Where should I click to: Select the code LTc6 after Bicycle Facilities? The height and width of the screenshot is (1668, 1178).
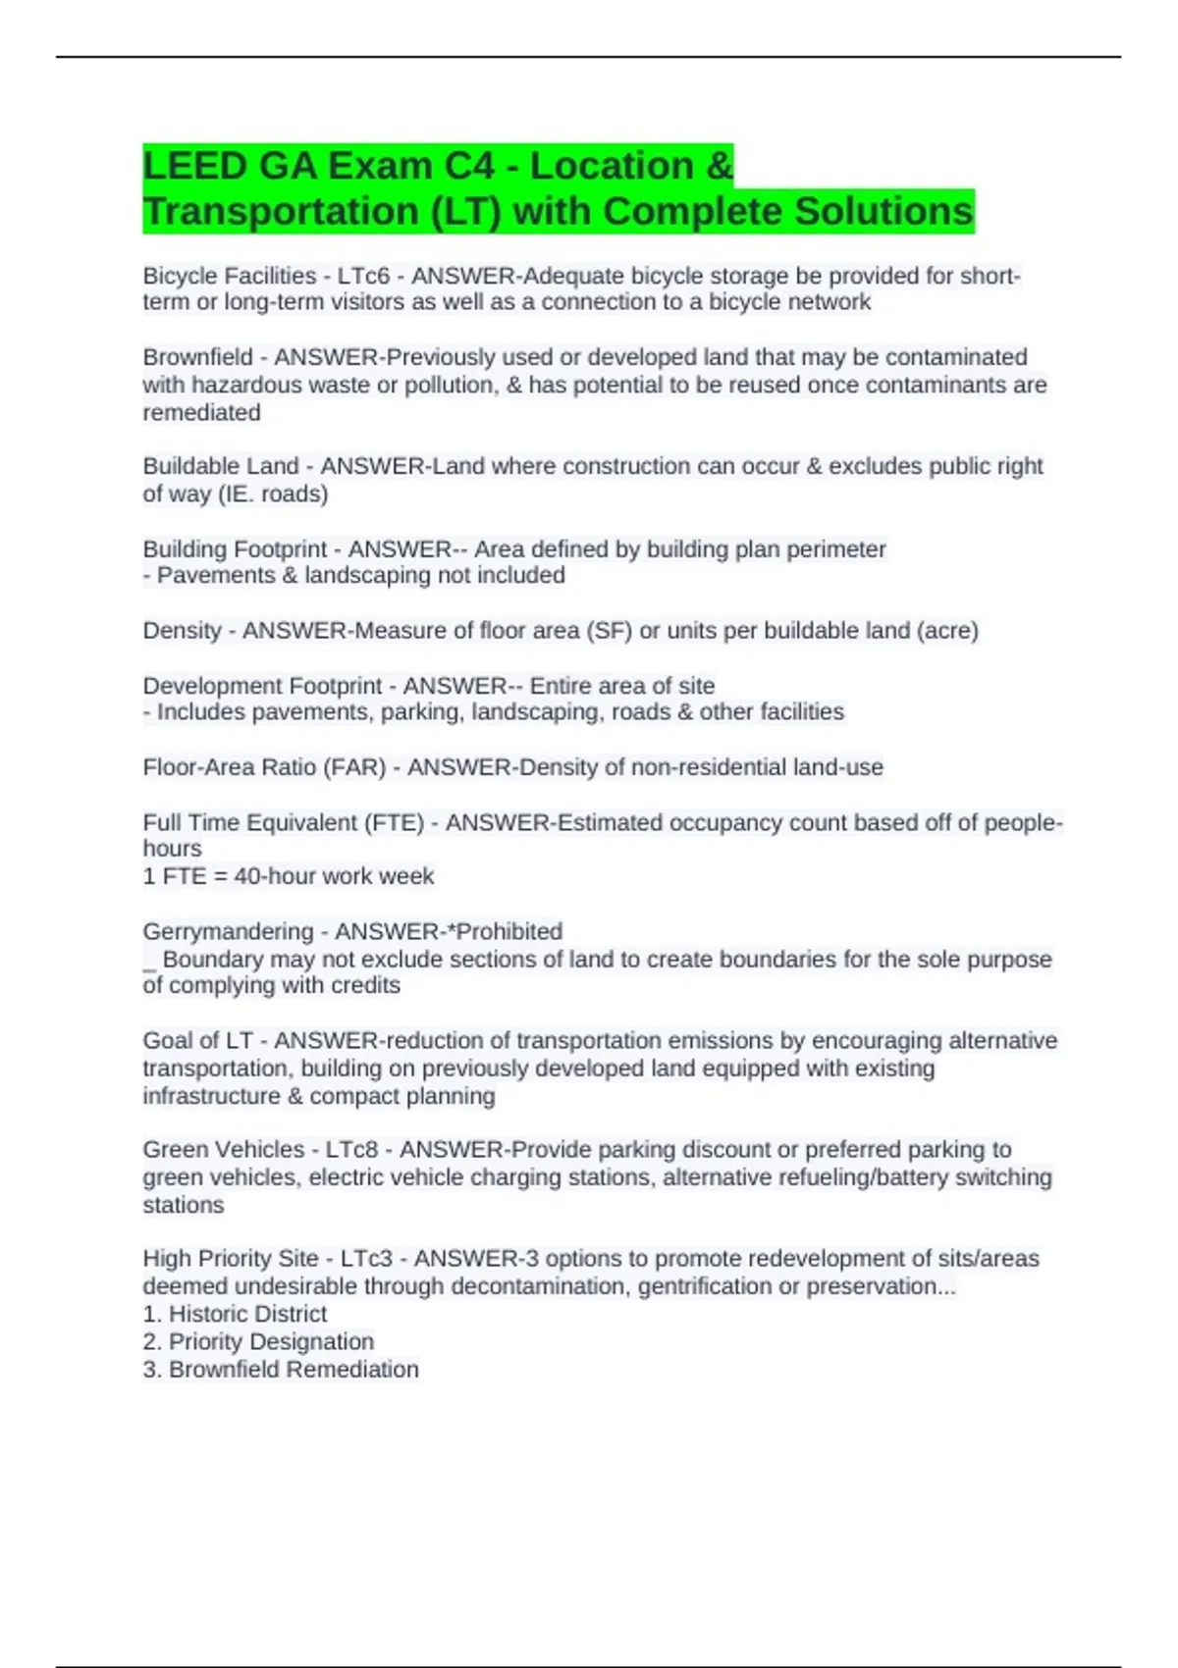(363, 276)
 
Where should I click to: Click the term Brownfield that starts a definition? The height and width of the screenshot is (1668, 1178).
(197, 357)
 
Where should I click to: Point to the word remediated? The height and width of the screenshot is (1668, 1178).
(201, 412)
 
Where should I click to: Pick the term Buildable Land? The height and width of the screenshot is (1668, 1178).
(220, 466)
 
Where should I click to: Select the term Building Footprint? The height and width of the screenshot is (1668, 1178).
(235, 548)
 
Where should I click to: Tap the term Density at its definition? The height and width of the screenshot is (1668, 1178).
(182, 630)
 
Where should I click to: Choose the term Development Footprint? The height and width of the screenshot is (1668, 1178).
(262, 685)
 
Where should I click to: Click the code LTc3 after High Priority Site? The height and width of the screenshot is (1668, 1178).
(366, 1258)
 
